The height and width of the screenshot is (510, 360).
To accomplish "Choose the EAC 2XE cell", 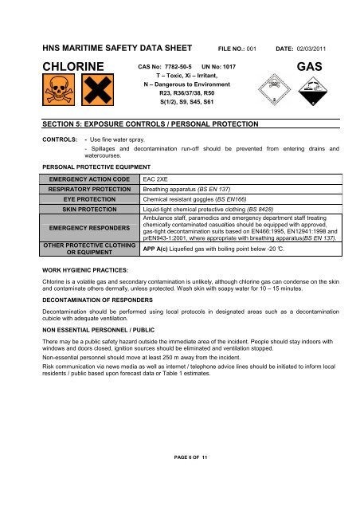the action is coord(154,181).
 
